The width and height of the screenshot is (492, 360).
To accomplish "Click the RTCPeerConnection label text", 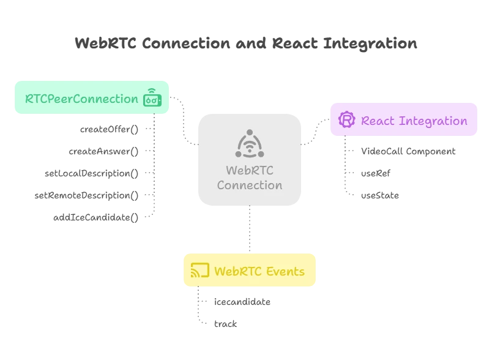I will [81, 99].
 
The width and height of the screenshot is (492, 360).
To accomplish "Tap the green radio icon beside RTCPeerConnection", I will [152, 98].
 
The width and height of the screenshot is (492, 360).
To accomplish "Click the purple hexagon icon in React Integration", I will [347, 120].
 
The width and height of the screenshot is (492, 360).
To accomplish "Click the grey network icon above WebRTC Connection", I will [249, 143].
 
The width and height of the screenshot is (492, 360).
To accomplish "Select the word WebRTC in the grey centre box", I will [249, 170].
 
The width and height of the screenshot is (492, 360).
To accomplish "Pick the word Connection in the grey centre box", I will [249, 185].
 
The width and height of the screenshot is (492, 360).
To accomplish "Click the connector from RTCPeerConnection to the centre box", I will [184, 122].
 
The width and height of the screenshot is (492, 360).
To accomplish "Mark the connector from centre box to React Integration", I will [316, 132].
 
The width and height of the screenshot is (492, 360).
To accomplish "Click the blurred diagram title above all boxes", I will [247, 43].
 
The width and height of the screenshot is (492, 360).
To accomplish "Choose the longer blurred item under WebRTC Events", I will [242, 302].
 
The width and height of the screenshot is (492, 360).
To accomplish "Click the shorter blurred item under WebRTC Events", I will [225, 323].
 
